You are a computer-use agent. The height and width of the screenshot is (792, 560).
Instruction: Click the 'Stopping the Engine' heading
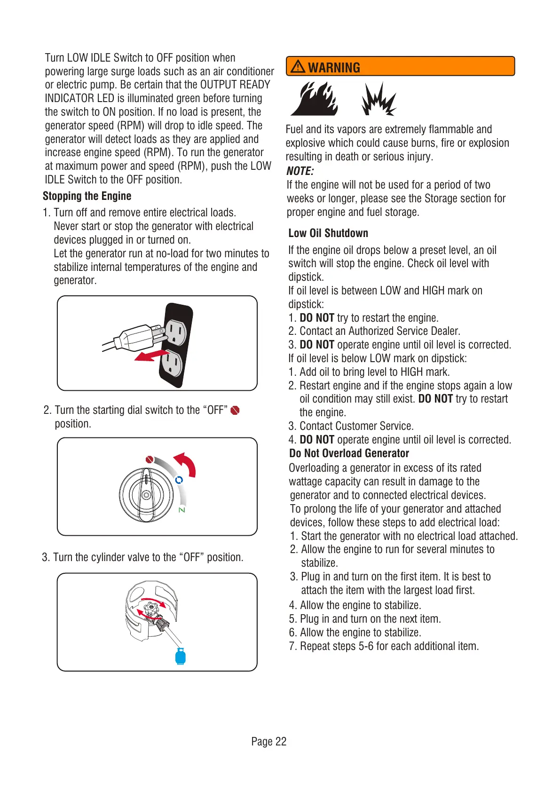click(x=87, y=196)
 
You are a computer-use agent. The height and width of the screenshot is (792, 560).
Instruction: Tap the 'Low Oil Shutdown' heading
click(x=328, y=233)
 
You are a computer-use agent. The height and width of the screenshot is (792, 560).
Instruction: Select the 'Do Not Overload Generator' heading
click(x=349, y=453)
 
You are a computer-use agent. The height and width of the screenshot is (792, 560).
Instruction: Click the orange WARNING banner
click(x=400, y=66)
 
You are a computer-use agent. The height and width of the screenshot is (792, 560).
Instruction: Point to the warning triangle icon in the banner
click(x=298, y=67)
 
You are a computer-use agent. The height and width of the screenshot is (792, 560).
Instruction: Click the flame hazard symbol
click(x=314, y=99)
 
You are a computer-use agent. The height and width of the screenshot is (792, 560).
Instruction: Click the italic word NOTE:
click(x=300, y=171)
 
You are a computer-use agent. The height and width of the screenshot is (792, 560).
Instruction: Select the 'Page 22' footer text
click(x=268, y=742)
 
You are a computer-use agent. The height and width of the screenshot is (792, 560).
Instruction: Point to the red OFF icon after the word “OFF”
click(x=235, y=411)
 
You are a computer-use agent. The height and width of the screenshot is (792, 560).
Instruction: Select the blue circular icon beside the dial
click(x=179, y=480)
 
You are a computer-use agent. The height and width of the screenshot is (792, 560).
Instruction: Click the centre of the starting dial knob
click(x=146, y=495)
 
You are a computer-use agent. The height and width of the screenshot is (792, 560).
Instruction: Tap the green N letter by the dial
click(x=181, y=510)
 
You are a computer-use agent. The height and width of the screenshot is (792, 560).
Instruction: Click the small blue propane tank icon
click(x=180, y=657)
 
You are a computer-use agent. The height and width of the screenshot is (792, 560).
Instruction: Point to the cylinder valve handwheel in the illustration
click(x=151, y=609)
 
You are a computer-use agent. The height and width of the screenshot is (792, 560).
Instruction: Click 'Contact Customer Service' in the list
click(x=356, y=426)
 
